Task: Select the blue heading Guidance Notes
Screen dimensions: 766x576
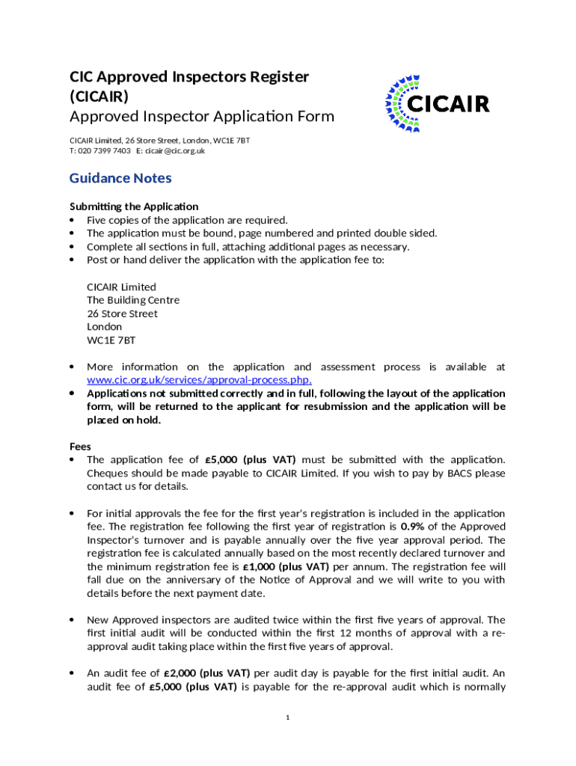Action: coord(120,178)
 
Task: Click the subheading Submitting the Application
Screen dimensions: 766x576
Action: coord(134,206)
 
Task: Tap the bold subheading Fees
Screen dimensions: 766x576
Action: coord(80,446)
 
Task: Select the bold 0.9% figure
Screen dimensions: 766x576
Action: coord(413,527)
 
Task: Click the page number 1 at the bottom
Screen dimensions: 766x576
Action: coord(288,718)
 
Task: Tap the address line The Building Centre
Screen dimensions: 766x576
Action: coord(133,300)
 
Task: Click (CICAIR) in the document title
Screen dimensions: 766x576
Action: coord(99,96)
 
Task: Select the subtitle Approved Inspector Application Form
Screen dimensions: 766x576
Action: coord(202,117)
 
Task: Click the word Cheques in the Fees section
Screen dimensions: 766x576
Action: coord(109,473)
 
